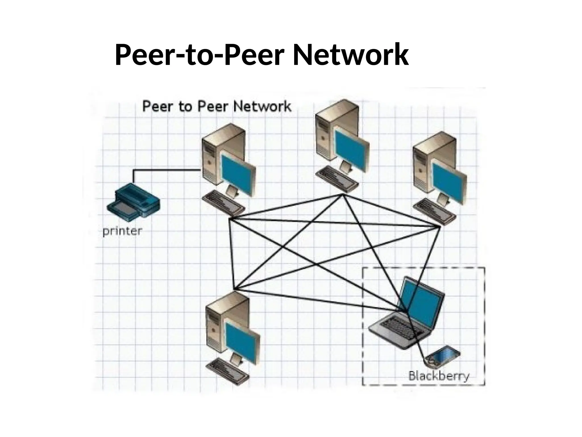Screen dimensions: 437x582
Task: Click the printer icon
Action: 133,202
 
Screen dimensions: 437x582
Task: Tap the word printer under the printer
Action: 122,231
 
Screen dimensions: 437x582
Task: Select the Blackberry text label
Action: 439,376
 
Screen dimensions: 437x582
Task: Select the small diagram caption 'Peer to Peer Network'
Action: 217,106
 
